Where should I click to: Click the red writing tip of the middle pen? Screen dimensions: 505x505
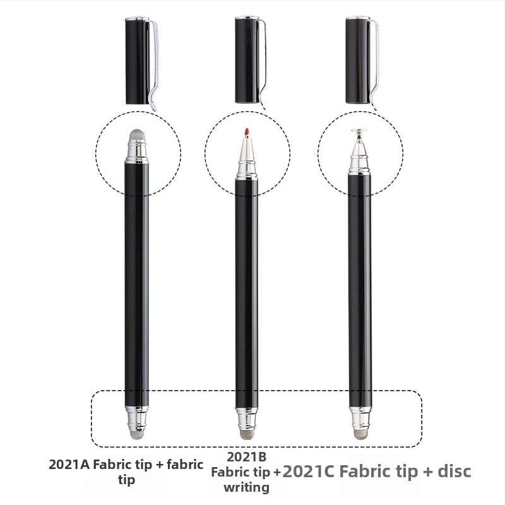247,132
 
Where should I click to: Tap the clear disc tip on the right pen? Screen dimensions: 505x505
360,131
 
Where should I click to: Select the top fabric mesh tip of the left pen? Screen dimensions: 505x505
137,134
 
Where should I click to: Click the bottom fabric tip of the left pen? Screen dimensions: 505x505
137,435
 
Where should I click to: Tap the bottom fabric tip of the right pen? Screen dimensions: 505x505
360,435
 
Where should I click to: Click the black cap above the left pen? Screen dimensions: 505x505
138,60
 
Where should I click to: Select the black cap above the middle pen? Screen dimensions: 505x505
247,59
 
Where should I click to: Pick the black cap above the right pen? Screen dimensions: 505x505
358,59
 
